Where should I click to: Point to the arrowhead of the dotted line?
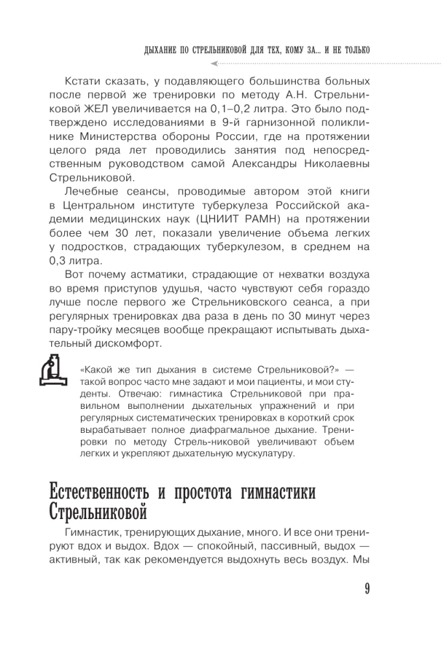click(215, 63)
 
